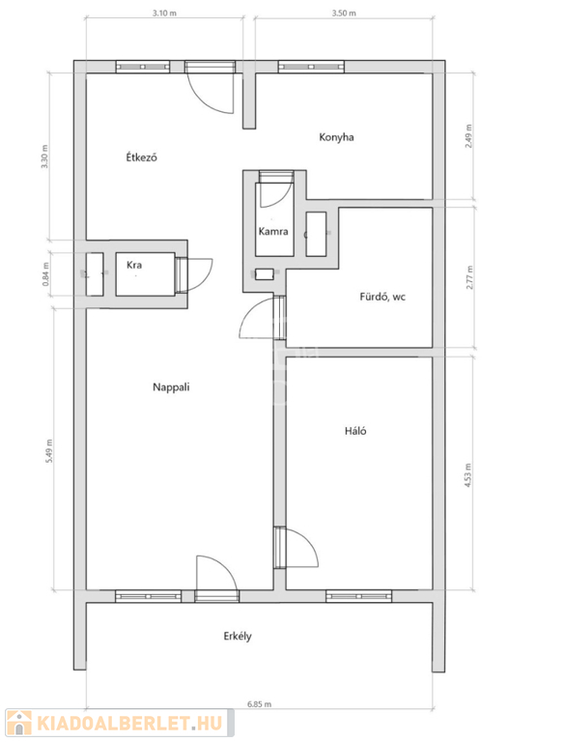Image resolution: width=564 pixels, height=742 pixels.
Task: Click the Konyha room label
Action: click(x=336, y=137)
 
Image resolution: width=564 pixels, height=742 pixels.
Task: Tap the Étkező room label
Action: click(x=141, y=157)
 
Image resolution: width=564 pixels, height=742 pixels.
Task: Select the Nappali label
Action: click(x=171, y=387)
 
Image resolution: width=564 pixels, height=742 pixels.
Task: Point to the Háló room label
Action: click(x=355, y=431)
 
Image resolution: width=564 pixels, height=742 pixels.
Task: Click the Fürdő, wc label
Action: click(x=382, y=298)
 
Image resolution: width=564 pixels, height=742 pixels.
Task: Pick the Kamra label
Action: click(x=273, y=232)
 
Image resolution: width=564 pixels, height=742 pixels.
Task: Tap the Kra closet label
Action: click(x=134, y=265)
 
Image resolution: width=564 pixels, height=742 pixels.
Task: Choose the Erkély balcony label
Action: click(x=238, y=636)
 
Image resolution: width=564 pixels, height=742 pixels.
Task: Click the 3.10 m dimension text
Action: click(x=164, y=14)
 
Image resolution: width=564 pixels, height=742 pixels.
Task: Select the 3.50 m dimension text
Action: click(x=344, y=14)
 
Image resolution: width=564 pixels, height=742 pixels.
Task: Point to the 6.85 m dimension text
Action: click(x=259, y=704)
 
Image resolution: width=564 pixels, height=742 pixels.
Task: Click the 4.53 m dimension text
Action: click(x=468, y=474)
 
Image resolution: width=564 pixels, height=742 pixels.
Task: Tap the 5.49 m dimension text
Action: click(x=49, y=451)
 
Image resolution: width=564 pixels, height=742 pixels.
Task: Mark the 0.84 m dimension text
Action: click(x=46, y=274)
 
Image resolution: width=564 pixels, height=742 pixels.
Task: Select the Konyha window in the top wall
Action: click(x=311, y=67)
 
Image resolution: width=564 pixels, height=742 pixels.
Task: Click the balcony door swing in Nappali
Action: click(x=216, y=573)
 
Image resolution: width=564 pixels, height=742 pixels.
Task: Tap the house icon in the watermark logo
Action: click(x=20, y=723)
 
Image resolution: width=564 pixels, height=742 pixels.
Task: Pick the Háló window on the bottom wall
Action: click(x=358, y=596)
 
